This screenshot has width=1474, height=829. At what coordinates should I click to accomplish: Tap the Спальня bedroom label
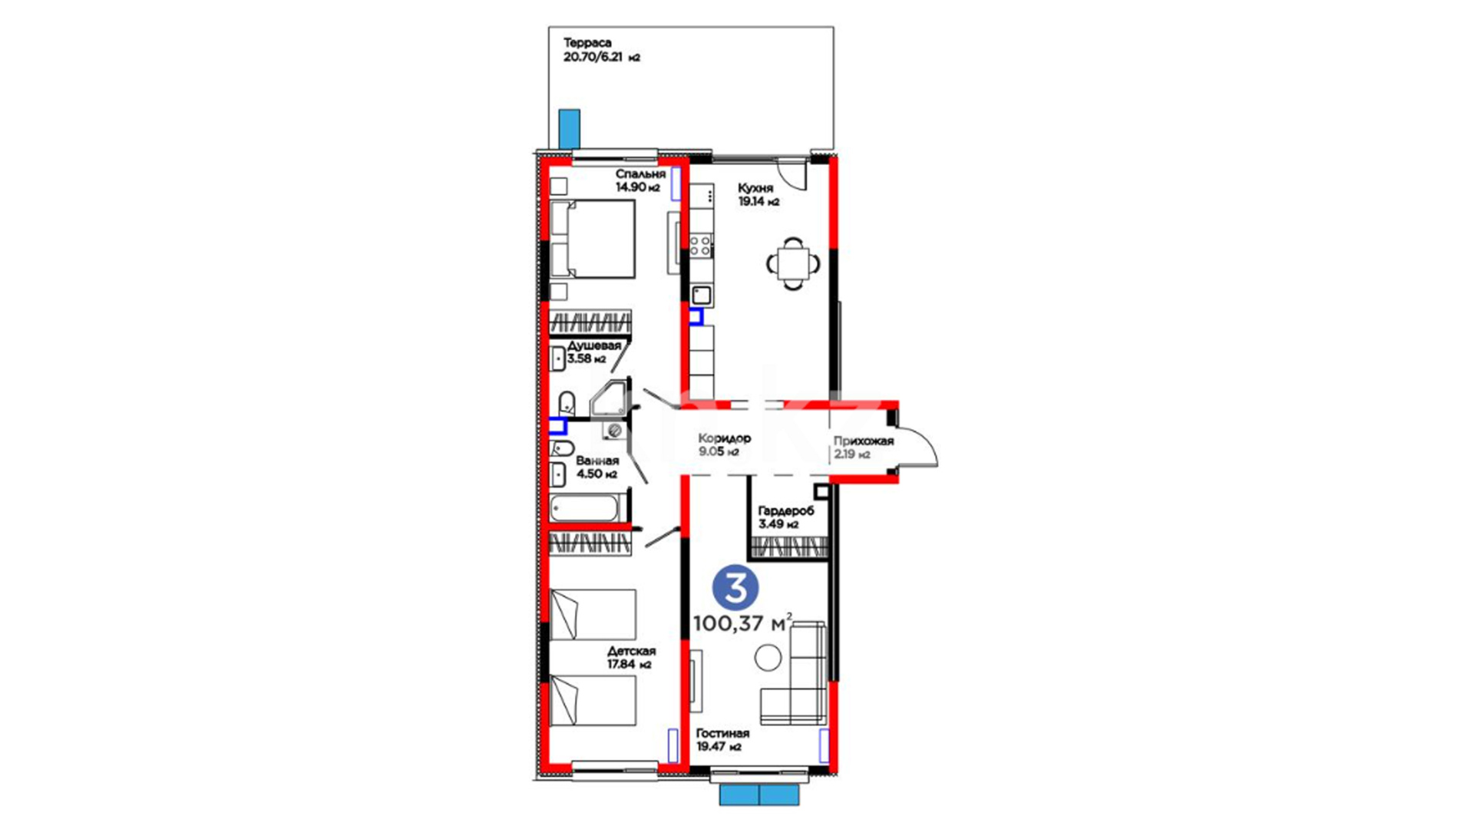coord(640,174)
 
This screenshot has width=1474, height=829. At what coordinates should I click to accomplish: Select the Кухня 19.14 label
coord(758,195)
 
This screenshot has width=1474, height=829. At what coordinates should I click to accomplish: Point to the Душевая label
coord(594,345)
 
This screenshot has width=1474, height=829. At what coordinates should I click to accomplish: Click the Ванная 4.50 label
coord(597,467)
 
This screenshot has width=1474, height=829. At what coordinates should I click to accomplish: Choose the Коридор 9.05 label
coord(724,444)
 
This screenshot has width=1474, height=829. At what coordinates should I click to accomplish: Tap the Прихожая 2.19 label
coord(864,448)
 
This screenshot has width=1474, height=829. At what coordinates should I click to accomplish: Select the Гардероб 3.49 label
coord(785,517)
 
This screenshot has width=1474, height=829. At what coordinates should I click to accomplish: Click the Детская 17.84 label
coord(631,658)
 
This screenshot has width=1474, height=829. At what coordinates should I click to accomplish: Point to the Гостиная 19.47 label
coord(722,740)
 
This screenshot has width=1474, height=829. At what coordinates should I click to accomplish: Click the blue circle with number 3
coord(735,588)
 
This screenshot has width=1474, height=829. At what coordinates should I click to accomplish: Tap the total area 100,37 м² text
coord(742,623)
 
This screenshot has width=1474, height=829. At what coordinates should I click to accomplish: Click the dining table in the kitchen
coord(793,264)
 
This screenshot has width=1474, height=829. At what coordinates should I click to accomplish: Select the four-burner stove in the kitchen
coord(700,246)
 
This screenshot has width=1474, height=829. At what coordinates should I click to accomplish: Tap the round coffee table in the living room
coord(768,657)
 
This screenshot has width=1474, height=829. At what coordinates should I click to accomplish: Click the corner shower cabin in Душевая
coord(610,398)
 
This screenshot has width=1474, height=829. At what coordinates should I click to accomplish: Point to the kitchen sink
coord(701,295)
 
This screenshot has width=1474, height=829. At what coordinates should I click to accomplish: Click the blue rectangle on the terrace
coord(569,129)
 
